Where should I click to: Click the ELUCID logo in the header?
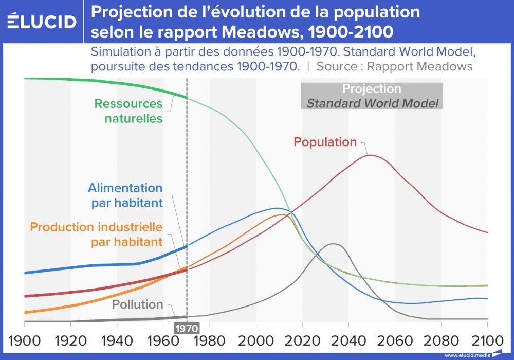(42, 22)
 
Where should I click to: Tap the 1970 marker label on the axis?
(186, 328)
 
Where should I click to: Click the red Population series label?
(325, 142)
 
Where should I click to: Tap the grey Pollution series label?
(137, 304)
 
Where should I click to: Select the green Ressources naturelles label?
(128, 111)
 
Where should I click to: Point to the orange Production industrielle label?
(96, 234)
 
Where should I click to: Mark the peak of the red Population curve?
(370, 155)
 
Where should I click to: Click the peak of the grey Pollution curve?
(333, 244)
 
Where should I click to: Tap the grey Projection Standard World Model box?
(372, 96)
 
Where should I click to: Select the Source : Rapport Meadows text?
(394, 66)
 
